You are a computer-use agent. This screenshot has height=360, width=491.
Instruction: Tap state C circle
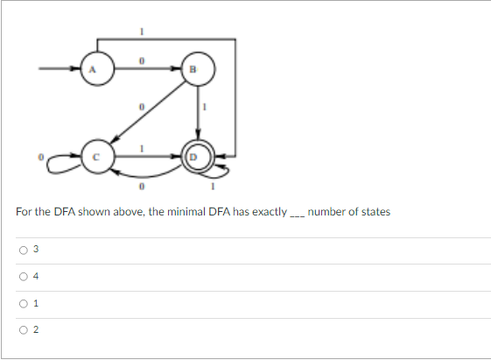(99, 156)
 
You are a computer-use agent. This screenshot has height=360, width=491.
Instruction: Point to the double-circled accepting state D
(195, 157)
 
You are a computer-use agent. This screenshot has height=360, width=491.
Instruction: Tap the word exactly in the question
(267, 212)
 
